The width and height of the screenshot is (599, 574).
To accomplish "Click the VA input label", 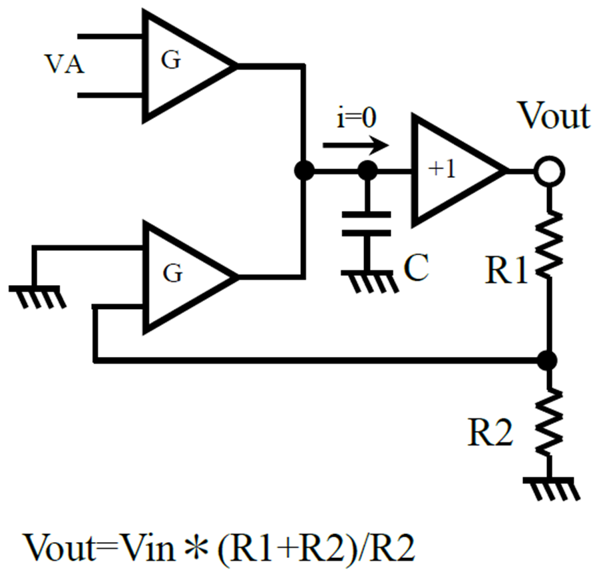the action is click(65, 64).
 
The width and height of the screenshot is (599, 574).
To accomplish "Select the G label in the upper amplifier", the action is click(171, 60).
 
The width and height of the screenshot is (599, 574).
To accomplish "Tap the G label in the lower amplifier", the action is click(172, 273).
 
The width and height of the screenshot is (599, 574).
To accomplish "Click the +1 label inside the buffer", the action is click(443, 169).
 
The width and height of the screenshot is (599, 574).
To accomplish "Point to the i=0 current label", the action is click(357, 118).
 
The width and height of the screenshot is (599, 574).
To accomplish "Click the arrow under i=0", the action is click(356, 145).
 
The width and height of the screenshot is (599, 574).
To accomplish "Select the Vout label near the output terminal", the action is click(554, 115).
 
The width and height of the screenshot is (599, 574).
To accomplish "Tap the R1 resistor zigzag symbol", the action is click(549, 244).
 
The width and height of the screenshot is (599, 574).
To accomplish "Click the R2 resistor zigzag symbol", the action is click(549, 423).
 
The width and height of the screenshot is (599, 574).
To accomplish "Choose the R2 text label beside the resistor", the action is click(490, 433).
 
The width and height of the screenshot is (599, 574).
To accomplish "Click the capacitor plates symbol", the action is click(366, 224).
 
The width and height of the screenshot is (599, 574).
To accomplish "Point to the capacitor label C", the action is click(416, 267).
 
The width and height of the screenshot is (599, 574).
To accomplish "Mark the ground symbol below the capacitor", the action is click(369, 281).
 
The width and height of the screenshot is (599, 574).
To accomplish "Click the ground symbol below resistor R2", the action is click(550, 488).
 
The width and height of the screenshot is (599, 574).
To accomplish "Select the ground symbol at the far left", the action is click(37, 296).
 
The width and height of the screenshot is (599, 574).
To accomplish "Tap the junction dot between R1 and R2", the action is click(548, 360).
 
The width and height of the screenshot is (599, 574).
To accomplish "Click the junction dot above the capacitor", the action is click(368, 170).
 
